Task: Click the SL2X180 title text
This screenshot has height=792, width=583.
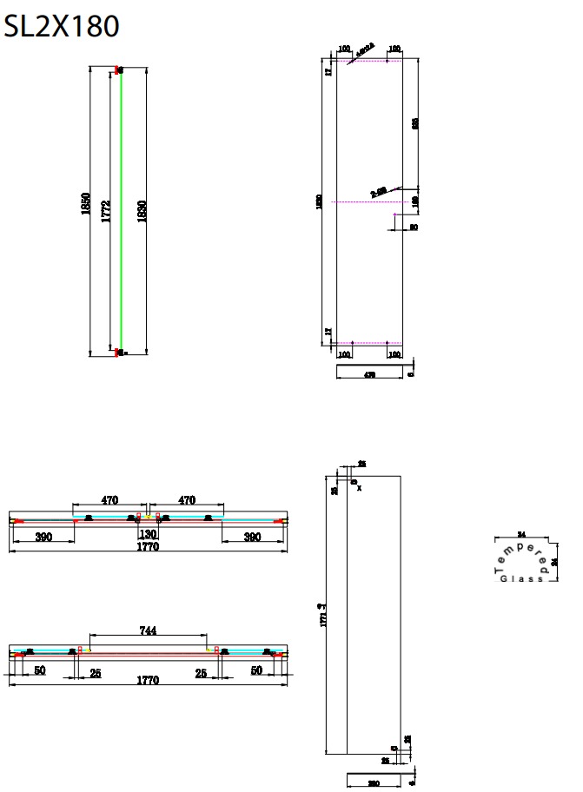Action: point(61,27)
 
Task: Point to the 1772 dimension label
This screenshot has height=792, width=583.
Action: point(106,211)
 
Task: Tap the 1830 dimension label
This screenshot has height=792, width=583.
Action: point(142,211)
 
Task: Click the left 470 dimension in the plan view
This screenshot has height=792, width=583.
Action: point(109,500)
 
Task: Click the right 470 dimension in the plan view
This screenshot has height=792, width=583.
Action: point(186,500)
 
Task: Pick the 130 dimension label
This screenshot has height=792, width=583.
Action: point(148,535)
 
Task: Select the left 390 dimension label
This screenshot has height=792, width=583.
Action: point(43,538)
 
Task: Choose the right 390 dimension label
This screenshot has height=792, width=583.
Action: point(252,538)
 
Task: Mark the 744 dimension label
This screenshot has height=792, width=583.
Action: point(148,631)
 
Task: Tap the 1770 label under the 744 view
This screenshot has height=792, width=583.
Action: point(148,682)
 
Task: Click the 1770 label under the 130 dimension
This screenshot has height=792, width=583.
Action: point(148,548)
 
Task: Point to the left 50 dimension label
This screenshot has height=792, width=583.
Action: point(40,671)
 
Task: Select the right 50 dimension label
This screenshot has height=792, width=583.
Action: point(255,671)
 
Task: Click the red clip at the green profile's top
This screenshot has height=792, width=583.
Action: point(118,69)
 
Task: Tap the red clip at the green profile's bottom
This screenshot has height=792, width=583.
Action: point(118,352)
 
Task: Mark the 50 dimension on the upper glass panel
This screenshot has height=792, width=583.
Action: point(414,227)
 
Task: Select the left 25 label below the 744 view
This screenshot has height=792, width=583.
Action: point(94,672)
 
